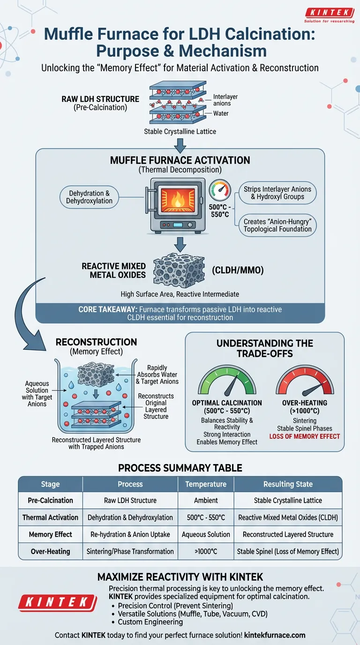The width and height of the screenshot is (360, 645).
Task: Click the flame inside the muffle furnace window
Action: click(177, 200)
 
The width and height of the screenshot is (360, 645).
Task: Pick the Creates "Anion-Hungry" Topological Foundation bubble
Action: click(277, 225)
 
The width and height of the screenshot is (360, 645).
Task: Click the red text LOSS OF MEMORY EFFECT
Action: click(305, 436)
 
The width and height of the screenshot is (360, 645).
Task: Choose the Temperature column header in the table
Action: click(206, 484)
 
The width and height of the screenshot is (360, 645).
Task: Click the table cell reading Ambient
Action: click(206, 500)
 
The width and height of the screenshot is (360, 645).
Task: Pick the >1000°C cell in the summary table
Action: click(206, 551)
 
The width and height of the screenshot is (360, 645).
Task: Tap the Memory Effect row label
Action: click(51, 534)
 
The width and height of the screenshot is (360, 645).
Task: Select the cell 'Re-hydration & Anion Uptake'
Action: click(130, 534)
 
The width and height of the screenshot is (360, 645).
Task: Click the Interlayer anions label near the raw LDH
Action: click(225, 100)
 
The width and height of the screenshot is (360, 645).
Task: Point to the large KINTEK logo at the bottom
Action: click(54, 602)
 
